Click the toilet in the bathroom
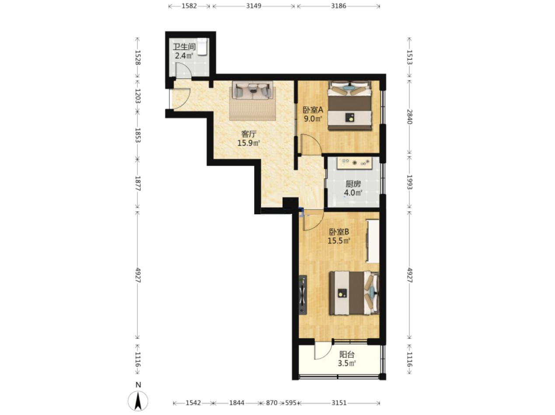coord(202,46)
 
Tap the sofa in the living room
coord(252,90)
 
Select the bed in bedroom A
coord(350,105)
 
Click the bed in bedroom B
coord(354,293)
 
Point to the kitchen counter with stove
coord(354,163)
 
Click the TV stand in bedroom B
coord(303,295)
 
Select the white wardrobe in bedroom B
coord(373,241)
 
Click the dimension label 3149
coord(254,6)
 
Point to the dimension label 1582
coord(189,6)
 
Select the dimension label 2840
coord(409,117)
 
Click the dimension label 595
coord(290,403)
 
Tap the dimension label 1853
coord(137,135)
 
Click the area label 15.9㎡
coord(248,143)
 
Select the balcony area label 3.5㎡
coord(347,363)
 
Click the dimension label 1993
coord(409,182)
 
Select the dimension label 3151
coord(339,403)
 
